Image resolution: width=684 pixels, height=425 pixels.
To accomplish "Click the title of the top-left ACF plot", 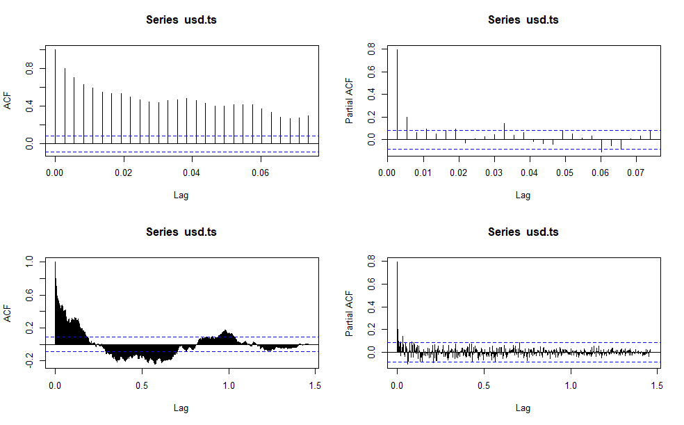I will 181,19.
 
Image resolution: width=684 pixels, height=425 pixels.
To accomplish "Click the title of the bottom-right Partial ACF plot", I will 523,232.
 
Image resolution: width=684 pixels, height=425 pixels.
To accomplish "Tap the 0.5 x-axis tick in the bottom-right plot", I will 484,385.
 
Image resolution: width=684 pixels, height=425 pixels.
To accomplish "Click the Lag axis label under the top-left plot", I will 181,195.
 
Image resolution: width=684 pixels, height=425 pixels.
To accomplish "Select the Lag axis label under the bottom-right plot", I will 523,408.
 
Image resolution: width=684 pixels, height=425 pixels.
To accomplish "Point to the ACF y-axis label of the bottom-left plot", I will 8,314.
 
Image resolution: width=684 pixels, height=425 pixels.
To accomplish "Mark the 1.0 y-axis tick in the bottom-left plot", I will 29,262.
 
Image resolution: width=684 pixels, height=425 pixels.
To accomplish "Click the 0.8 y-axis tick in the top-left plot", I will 29,69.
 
